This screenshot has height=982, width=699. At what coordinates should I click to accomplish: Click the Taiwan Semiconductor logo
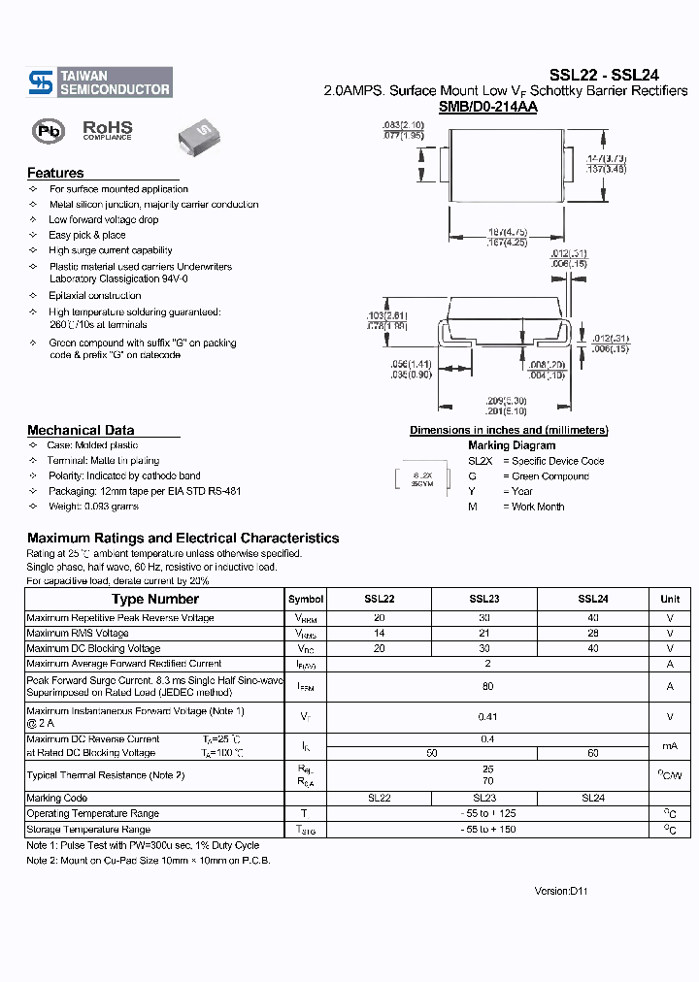tap(100, 82)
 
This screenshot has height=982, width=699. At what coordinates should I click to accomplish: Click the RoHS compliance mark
tap(107, 130)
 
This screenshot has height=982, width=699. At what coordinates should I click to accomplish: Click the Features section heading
tap(55, 173)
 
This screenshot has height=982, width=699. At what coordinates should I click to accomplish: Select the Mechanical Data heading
tap(81, 430)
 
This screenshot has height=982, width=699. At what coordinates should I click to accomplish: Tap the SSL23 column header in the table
tap(483, 600)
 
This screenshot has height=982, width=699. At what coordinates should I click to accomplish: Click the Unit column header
tap(670, 600)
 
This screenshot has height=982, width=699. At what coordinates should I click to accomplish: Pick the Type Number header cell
tap(154, 600)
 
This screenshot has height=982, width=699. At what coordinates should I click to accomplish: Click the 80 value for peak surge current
tap(487, 687)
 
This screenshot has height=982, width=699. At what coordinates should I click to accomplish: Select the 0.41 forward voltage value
tap(487, 717)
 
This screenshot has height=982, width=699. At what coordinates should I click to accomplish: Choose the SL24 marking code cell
tap(592, 798)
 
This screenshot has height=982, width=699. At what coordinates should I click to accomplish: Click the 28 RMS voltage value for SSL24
tap(592, 634)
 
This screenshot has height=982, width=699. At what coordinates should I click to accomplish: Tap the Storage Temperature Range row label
tap(88, 830)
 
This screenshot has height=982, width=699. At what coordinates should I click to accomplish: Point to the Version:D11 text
tap(561, 891)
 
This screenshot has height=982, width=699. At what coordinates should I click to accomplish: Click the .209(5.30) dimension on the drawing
tap(506, 401)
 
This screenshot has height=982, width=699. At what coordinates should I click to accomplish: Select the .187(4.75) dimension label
tap(507, 232)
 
